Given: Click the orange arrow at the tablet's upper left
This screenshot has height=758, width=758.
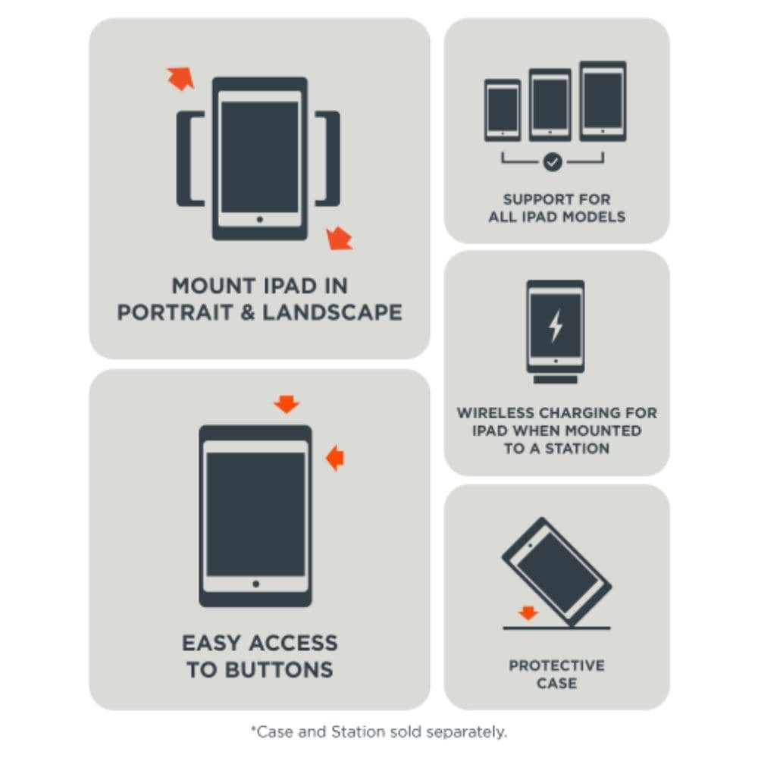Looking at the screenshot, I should point(180,77).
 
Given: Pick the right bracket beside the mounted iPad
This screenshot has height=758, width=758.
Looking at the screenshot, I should point(328,158).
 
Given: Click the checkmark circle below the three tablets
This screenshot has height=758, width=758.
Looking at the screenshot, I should point(553,161).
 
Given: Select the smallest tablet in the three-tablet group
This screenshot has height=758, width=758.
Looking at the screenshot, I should point(503,110).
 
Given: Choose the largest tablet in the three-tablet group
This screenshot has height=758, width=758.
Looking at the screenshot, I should point(603,101).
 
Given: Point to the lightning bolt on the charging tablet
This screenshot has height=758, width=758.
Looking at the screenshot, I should point(556,325).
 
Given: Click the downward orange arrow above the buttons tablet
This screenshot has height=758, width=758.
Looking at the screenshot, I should point(287,404).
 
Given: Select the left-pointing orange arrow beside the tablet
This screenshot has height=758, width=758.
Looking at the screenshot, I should point(334,457).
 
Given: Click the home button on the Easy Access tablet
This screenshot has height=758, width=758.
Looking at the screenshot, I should point(255,584).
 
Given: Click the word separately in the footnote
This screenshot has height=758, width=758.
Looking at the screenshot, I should point(466,731).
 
